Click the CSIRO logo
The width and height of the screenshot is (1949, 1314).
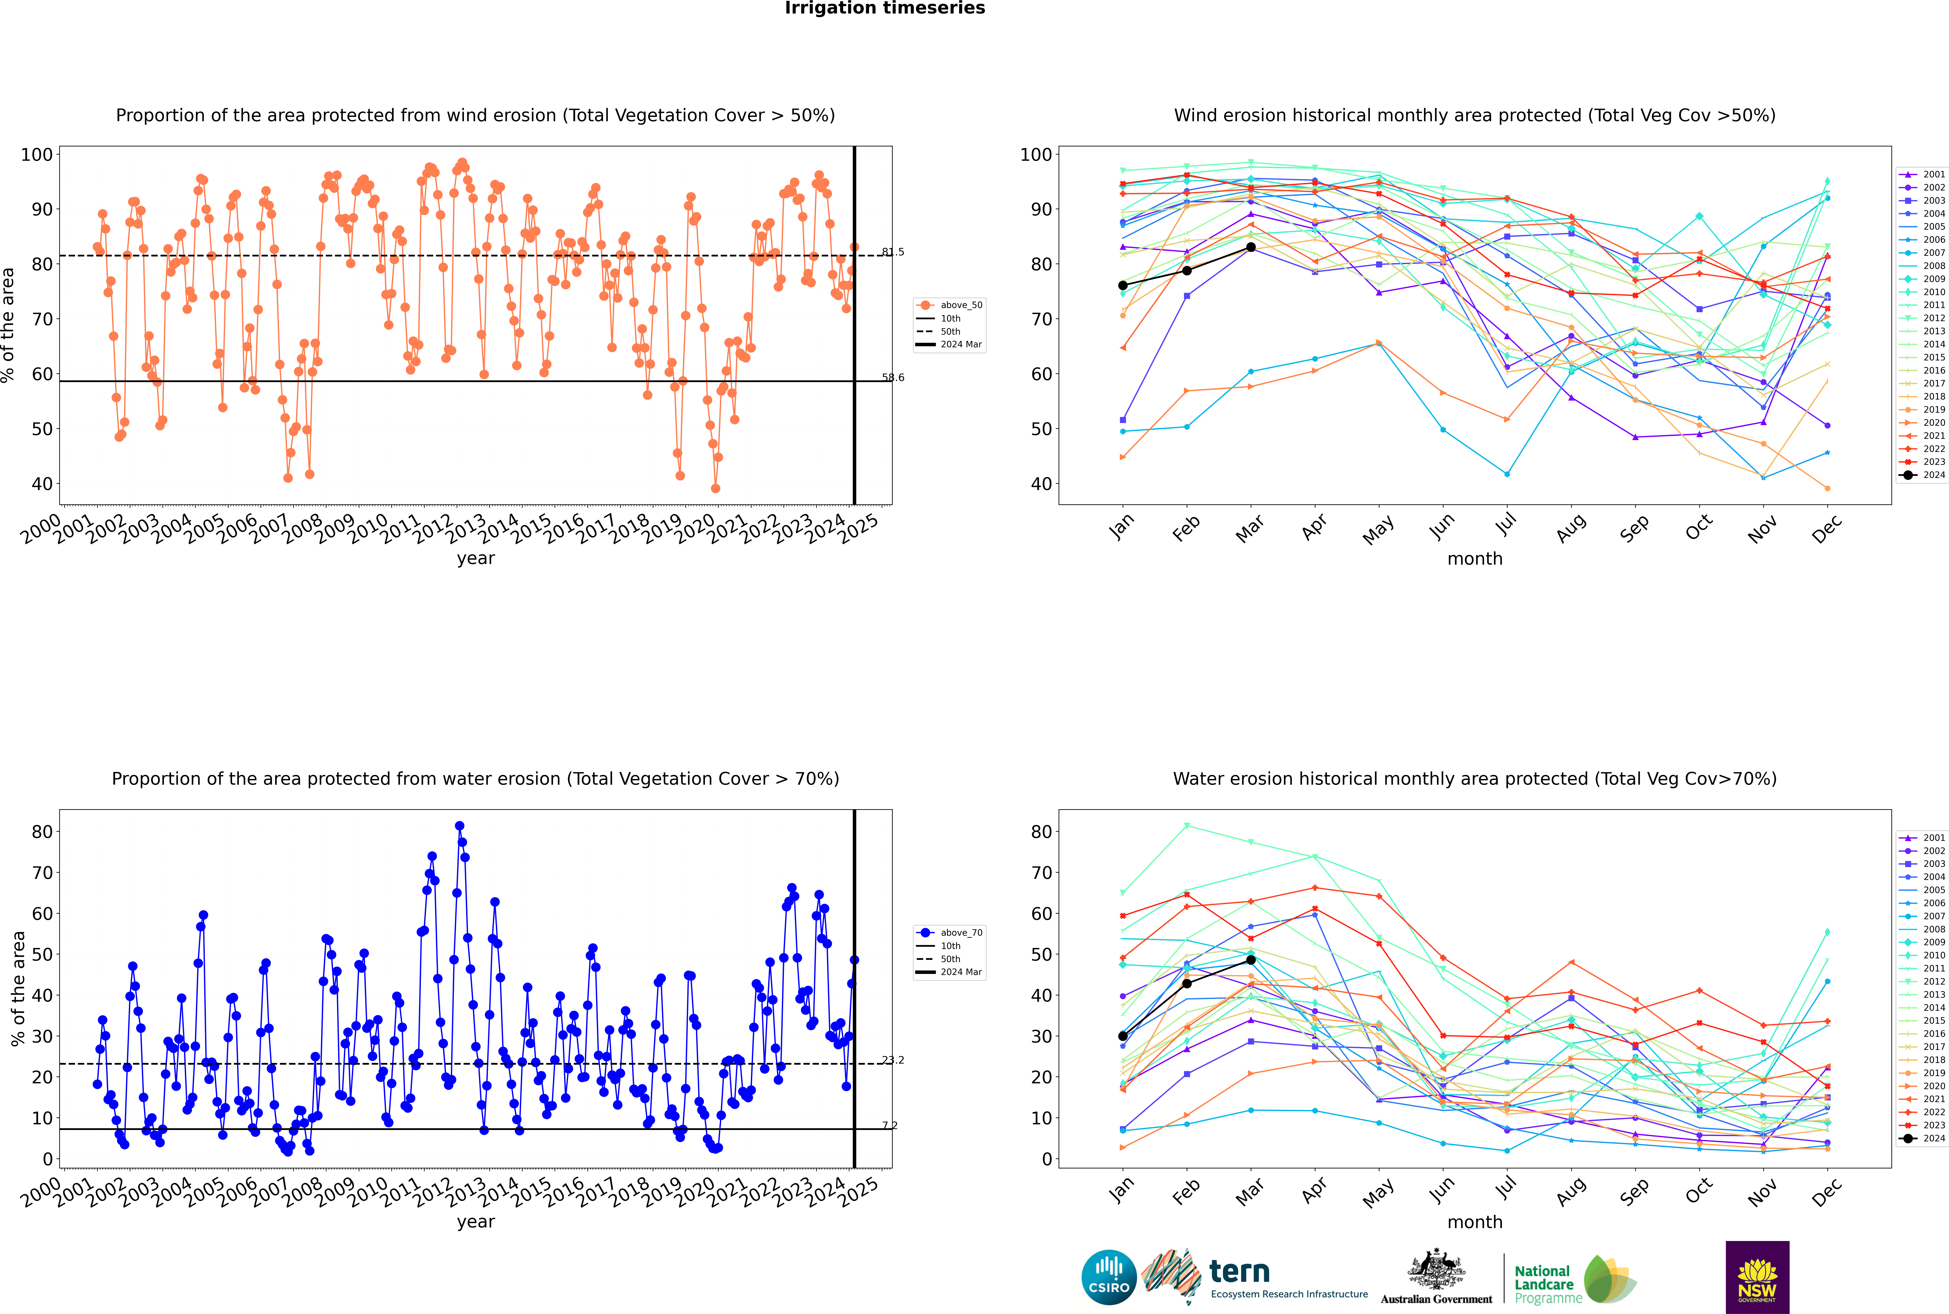click(1109, 1277)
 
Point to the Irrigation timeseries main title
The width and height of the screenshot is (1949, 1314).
click(885, 8)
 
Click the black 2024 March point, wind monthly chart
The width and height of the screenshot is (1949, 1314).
click(1251, 247)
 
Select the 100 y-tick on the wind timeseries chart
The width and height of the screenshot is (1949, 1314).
click(37, 154)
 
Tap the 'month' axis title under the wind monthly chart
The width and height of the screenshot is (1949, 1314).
click(1475, 559)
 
